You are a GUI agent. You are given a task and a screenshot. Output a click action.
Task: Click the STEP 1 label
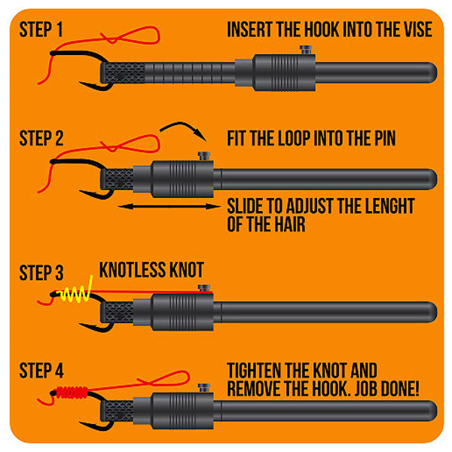coord(41,29)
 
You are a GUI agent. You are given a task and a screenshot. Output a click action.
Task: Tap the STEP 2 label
coord(41,138)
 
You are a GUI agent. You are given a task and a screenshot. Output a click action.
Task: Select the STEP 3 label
coord(41,273)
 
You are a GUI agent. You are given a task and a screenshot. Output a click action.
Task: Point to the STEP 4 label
coord(41,371)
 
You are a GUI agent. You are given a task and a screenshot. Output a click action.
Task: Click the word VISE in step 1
coord(415,29)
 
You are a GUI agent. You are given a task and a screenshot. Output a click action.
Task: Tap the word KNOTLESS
coord(132,270)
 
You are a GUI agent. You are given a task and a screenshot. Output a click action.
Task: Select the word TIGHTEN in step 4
coord(253,371)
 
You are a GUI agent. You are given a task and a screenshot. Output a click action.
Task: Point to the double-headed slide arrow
coord(169,206)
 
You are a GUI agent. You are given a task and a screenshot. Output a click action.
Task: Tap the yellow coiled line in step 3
coord(75,292)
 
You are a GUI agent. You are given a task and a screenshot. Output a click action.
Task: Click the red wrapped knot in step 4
coord(72,392)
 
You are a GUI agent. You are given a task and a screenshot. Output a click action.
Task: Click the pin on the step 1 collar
coord(306,50)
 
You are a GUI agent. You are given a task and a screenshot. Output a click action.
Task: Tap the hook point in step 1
coord(80,83)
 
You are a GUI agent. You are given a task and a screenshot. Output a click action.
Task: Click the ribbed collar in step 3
coord(182,313)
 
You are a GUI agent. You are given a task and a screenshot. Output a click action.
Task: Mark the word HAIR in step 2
coord(289,224)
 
